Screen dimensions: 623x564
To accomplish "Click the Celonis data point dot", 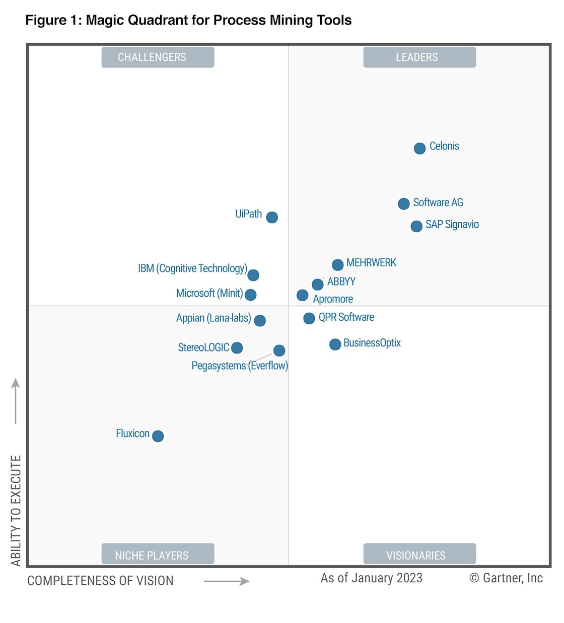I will (419, 148).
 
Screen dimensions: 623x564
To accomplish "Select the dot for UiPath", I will (272, 217).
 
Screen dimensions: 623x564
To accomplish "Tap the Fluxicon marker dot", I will (158, 436).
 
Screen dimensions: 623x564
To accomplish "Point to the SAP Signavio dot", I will (416, 226).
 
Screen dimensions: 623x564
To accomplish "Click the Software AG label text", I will (438, 203).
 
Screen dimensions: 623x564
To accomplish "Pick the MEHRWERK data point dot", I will (338, 264).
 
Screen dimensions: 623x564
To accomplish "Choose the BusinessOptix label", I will (372, 343).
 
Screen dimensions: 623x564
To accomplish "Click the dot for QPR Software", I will (309, 318).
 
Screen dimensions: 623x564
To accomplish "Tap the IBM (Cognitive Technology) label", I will (192, 269).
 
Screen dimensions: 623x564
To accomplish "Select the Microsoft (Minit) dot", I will (250, 295).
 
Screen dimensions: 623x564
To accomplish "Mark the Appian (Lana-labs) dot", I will (260, 320).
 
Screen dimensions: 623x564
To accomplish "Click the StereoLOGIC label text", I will (203, 347).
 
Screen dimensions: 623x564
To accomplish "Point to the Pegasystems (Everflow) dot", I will (279, 350).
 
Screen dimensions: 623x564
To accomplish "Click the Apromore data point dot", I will (302, 295).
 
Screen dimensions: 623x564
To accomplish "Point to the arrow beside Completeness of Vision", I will (227, 581).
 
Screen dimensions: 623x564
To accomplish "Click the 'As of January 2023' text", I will (371, 578).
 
